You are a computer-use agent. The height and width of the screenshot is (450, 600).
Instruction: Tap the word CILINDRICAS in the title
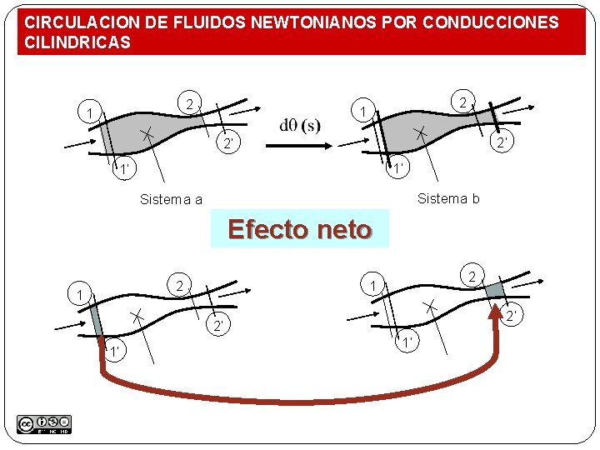77,42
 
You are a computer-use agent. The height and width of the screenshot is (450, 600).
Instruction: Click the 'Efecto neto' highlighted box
299,228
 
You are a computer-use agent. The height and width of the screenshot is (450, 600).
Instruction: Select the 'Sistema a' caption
171,199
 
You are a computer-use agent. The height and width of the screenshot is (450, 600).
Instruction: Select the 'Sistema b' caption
448,198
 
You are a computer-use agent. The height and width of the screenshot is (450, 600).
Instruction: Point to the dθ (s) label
300,126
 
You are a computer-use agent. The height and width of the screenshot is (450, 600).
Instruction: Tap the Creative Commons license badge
43,424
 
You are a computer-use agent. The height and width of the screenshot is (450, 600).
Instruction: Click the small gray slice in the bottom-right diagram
495,289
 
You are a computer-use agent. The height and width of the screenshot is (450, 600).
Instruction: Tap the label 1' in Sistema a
124,171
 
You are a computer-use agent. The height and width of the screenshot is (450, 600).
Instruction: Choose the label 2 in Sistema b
461,102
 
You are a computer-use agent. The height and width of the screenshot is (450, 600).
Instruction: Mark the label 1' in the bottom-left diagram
112,350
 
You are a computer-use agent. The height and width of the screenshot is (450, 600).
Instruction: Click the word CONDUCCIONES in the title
491,22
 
